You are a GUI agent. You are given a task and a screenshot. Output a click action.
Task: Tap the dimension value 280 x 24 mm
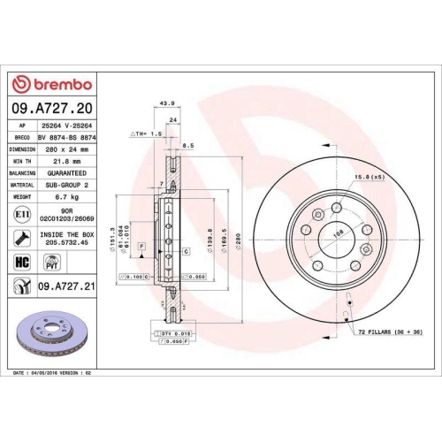pyautogui.click(x=63, y=149)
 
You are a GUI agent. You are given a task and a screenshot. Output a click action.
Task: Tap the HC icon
pyautogui.click(x=20, y=262)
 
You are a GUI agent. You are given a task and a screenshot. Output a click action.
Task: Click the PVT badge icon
pyautogui.click(x=50, y=262)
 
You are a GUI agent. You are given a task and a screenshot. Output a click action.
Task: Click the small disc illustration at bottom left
pyautogui.click(x=57, y=329)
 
